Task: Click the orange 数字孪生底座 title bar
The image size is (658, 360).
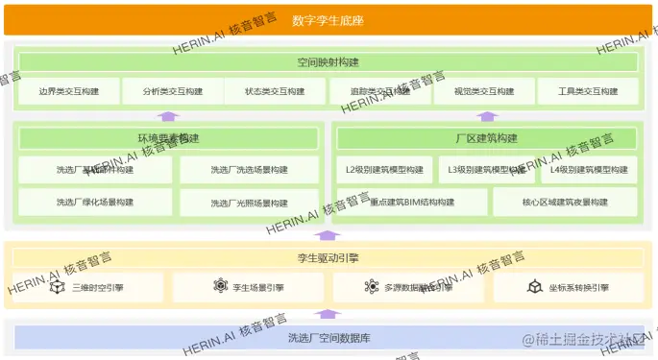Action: pos(328,20)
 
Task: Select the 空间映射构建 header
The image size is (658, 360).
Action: pos(328,62)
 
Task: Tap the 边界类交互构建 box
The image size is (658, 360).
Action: pos(69,91)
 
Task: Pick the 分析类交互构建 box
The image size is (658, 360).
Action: pos(173,91)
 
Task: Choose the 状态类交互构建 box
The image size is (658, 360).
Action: pos(275,91)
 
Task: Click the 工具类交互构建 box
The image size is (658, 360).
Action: pos(587,91)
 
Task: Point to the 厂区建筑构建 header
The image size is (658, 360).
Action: pos(487,138)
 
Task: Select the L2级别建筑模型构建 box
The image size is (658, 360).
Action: pos(384,171)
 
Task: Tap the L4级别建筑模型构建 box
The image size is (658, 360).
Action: pos(587,171)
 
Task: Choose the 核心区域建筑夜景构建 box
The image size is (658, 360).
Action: pos(565,203)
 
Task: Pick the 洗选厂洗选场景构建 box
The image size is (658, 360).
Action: pos(248,171)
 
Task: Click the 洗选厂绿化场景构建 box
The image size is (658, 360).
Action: pos(95,203)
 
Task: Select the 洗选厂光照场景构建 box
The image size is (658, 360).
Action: pos(248,204)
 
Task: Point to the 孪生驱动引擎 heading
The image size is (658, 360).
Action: pos(328,257)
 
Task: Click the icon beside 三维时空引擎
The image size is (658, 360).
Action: pos(57,287)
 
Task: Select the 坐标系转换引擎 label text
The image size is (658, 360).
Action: pos(578,287)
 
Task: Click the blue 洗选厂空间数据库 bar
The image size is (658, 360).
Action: pos(328,338)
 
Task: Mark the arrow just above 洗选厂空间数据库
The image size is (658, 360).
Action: pos(328,313)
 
